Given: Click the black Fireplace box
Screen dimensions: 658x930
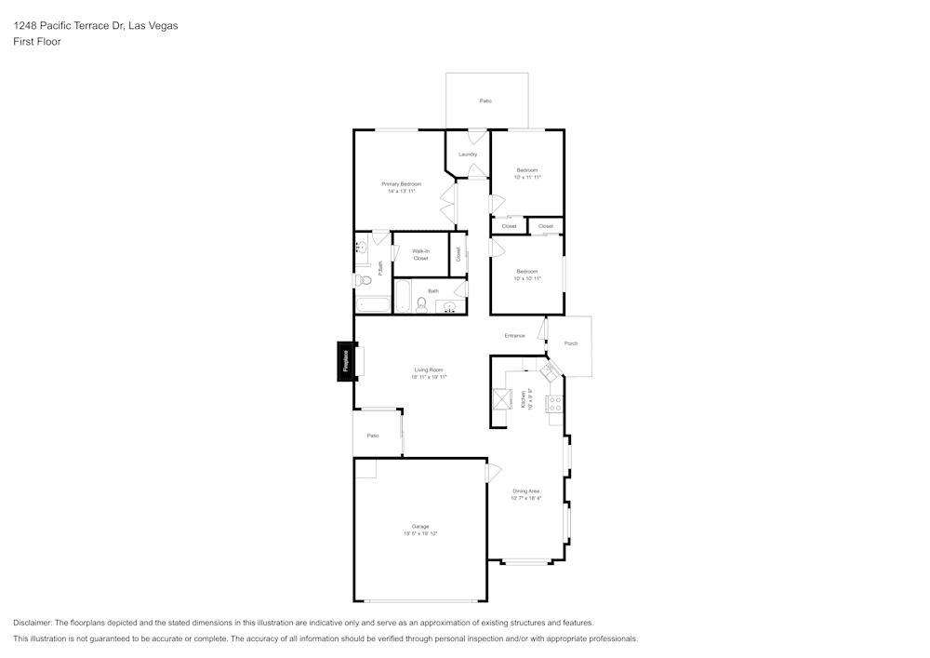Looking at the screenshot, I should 344,361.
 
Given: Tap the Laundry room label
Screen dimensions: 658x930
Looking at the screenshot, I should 468,154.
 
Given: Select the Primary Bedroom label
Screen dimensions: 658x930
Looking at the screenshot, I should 401,184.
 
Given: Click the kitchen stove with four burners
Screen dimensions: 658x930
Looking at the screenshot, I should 554,404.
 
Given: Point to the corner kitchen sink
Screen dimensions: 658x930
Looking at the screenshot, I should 550,371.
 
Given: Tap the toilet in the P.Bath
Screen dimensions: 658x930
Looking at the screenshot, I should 361,280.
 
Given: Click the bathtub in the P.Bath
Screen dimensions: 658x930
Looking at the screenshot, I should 373,304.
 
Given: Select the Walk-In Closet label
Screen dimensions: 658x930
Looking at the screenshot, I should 420,254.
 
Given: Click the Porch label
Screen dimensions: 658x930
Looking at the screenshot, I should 571,343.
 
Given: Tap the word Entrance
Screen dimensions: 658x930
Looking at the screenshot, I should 514,336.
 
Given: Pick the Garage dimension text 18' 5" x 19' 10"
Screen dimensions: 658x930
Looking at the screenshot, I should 420,533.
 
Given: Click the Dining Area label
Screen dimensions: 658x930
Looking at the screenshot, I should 526,490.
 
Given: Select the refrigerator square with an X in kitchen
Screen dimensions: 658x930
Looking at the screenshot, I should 502,398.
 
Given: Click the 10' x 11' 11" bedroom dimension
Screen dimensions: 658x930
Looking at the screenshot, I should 527,177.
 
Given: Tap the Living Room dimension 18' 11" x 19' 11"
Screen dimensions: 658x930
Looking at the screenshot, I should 430,377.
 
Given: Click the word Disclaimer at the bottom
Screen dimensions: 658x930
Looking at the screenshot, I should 33,623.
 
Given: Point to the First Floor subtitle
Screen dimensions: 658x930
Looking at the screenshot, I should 37,42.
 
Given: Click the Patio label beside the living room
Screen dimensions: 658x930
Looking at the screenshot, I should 373,436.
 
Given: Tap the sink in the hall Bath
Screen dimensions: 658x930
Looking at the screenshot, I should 451,306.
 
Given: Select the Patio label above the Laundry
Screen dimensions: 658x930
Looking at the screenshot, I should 485,101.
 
